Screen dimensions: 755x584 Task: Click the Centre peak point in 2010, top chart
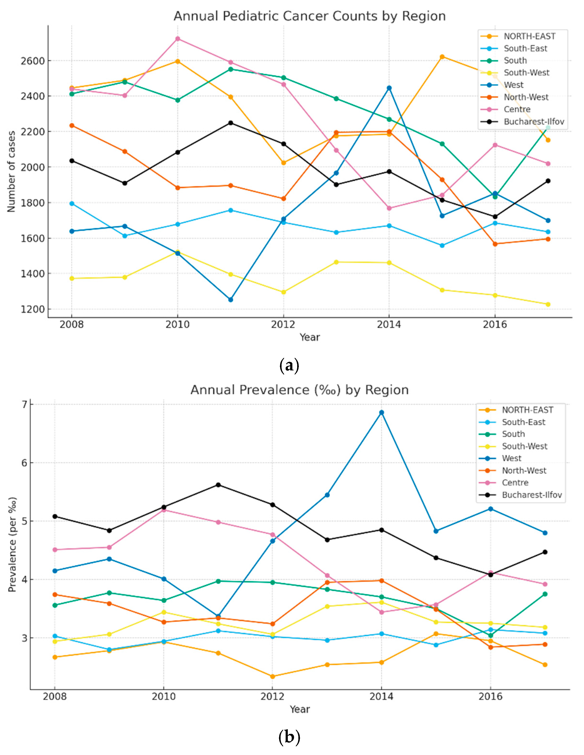[178, 39]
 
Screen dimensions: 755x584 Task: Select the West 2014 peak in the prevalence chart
[381, 412]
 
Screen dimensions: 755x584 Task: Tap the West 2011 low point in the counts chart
[231, 299]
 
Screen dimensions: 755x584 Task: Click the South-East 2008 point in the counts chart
[72, 204]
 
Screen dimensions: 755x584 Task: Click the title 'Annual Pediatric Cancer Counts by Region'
[309, 16]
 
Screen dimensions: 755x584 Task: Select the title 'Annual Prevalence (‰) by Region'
[299, 390]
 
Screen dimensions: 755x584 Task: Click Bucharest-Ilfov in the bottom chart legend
[531, 495]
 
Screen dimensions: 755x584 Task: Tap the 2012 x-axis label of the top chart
[283, 325]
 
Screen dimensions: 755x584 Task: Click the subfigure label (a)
[289, 365]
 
